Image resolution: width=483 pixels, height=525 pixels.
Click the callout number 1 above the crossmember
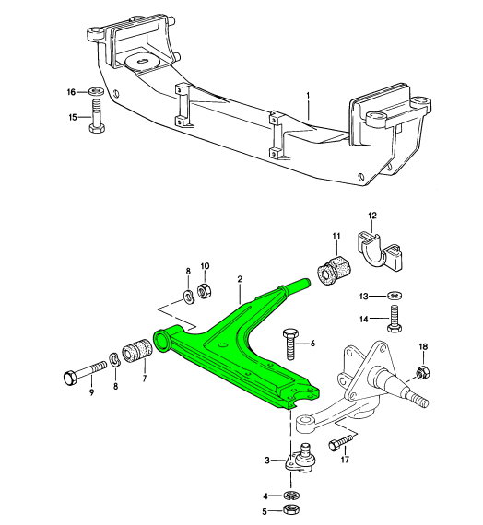pos(308,96)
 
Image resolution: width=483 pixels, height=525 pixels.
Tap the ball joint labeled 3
pos(301,458)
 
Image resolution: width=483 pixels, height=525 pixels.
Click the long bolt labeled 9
pos(86,374)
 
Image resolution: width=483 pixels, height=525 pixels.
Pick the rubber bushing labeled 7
pos(137,350)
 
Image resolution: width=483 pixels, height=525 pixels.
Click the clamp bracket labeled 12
pos(379,251)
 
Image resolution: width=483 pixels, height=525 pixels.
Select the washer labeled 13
pos(395,296)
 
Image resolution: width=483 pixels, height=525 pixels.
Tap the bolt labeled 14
pos(395,319)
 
